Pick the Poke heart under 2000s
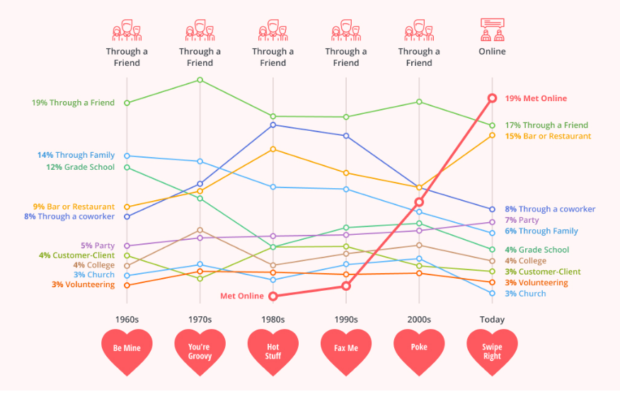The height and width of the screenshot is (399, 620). pyautogui.click(x=419, y=349)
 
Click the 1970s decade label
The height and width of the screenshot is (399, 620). pyautogui.click(x=200, y=319)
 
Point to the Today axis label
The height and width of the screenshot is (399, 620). pyautogui.click(x=492, y=319)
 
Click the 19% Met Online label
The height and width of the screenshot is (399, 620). pyautogui.click(x=536, y=98)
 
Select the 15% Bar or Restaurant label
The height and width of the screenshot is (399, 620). pyautogui.click(x=548, y=136)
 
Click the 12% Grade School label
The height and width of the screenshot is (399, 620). pyautogui.click(x=80, y=167)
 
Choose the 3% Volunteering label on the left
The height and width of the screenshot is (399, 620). pyautogui.click(x=83, y=284)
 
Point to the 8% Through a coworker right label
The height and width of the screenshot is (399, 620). pyautogui.click(x=550, y=209)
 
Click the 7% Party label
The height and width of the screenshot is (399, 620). pyautogui.click(x=522, y=221)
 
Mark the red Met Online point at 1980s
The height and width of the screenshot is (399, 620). pyautogui.click(x=272, y=296)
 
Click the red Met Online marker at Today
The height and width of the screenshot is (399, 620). pyautogui.click(x=492, y=98)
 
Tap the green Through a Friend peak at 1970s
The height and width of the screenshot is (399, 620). pyautogui.click(x=200, y=80)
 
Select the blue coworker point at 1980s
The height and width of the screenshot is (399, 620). pyautogui.click(x=272, y=125)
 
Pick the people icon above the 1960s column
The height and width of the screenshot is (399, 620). pyautogui.click(x=127, y=30)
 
